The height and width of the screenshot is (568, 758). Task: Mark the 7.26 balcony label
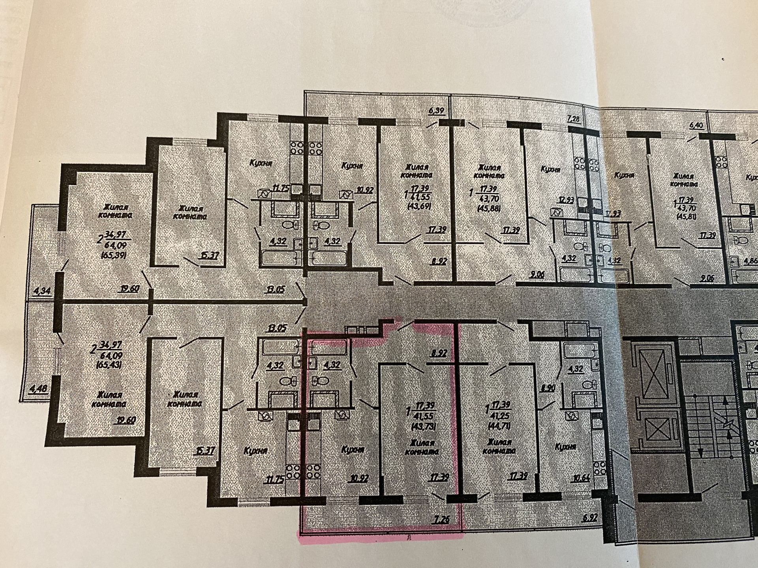441,520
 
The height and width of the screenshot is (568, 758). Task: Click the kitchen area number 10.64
580,478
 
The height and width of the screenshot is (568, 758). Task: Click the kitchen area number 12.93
560,199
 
